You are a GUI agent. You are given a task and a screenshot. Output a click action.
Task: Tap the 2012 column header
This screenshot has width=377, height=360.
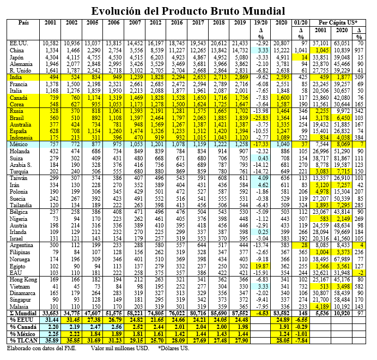pos(156,22)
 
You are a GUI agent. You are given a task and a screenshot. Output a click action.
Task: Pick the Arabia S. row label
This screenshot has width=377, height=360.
pos(22,164)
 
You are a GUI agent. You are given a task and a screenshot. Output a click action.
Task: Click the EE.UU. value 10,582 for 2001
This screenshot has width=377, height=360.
pos(51,42)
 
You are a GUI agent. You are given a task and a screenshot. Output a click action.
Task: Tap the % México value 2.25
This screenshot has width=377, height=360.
pos(51,333)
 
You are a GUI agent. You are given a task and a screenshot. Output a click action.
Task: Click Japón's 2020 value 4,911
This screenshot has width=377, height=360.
pos(282,56)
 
